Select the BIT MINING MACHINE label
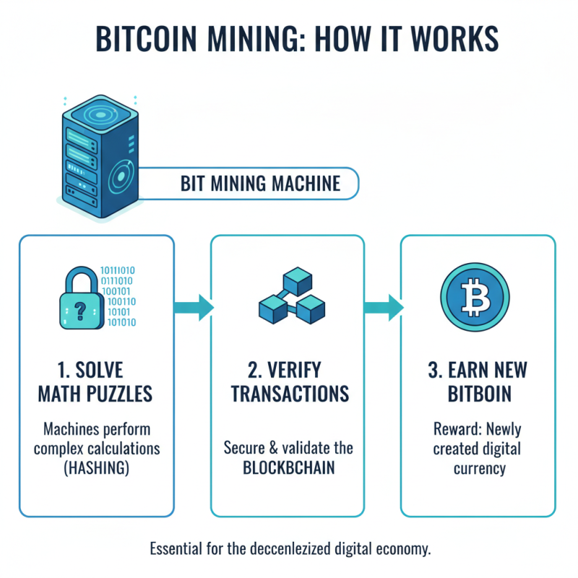tap(260, 183)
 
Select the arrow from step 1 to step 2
tap(194, 306)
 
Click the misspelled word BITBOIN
tap(478, 394)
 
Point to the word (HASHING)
tap(97, 467)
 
